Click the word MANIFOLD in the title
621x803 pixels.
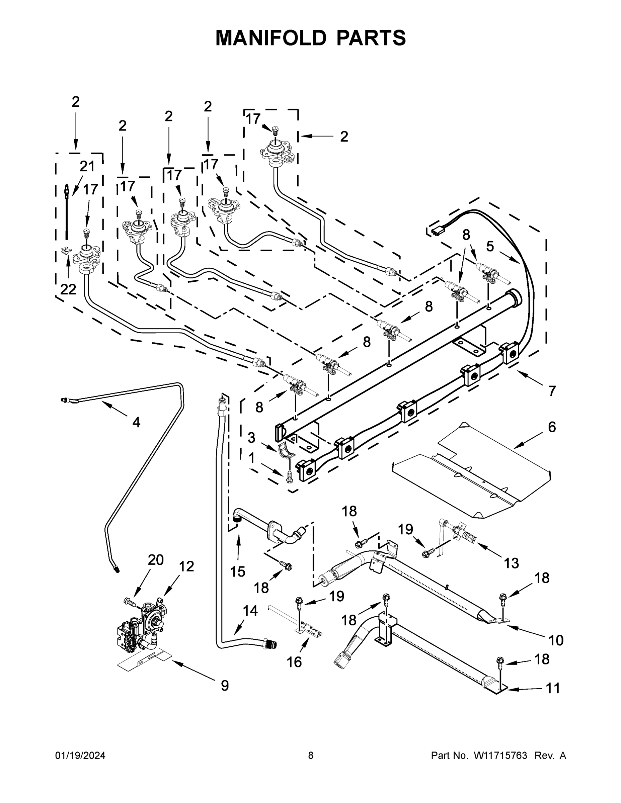(271, 38)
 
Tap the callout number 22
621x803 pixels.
(68, 290)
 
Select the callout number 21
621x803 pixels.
(87, 167)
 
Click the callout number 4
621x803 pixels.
(136, 423)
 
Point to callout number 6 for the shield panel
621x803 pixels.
(552, 427)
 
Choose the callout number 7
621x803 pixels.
(552, 391)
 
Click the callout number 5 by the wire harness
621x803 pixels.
(490, 246)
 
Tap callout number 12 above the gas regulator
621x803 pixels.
(186, 566)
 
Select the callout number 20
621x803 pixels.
(156, 560)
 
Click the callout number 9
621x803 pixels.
(225, 686)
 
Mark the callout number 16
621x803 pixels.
(294, 662)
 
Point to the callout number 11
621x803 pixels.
(553, 688)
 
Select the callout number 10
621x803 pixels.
(556, 640)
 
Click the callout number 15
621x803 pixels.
(238, 572)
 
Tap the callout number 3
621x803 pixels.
(251, 438)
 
